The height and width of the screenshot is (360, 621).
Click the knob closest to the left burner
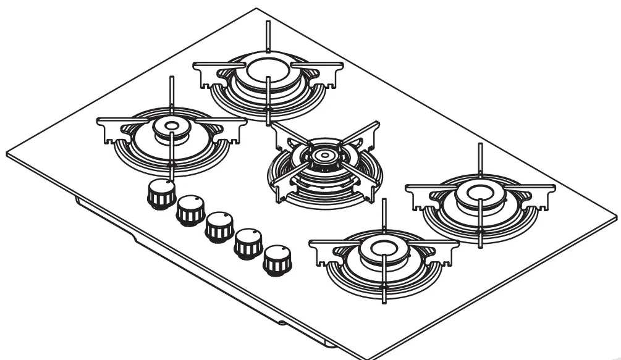pyautogui.click(x=161, y=194)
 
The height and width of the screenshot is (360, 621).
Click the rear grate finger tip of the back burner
pyautogui.click(x=268, y=23)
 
